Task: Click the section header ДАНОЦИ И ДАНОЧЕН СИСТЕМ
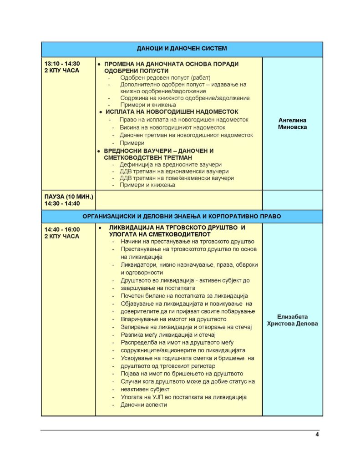[182, 48]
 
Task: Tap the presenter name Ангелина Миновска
[292, 124]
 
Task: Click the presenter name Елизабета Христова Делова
[292, 320]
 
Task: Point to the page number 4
[317, 434]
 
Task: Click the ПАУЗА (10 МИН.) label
[69, 197]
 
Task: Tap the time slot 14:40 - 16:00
[62, 229]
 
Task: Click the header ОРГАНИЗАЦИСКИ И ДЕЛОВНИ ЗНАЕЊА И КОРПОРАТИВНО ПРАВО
[182, 216]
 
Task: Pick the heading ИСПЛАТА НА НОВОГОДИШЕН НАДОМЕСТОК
[172, 111]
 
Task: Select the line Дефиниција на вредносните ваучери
[170, 164]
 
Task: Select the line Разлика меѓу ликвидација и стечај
[167, 334]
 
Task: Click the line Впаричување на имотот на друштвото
[173, 319]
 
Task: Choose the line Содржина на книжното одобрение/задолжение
[185, 98]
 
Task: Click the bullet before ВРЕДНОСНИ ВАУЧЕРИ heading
[99, 151]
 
